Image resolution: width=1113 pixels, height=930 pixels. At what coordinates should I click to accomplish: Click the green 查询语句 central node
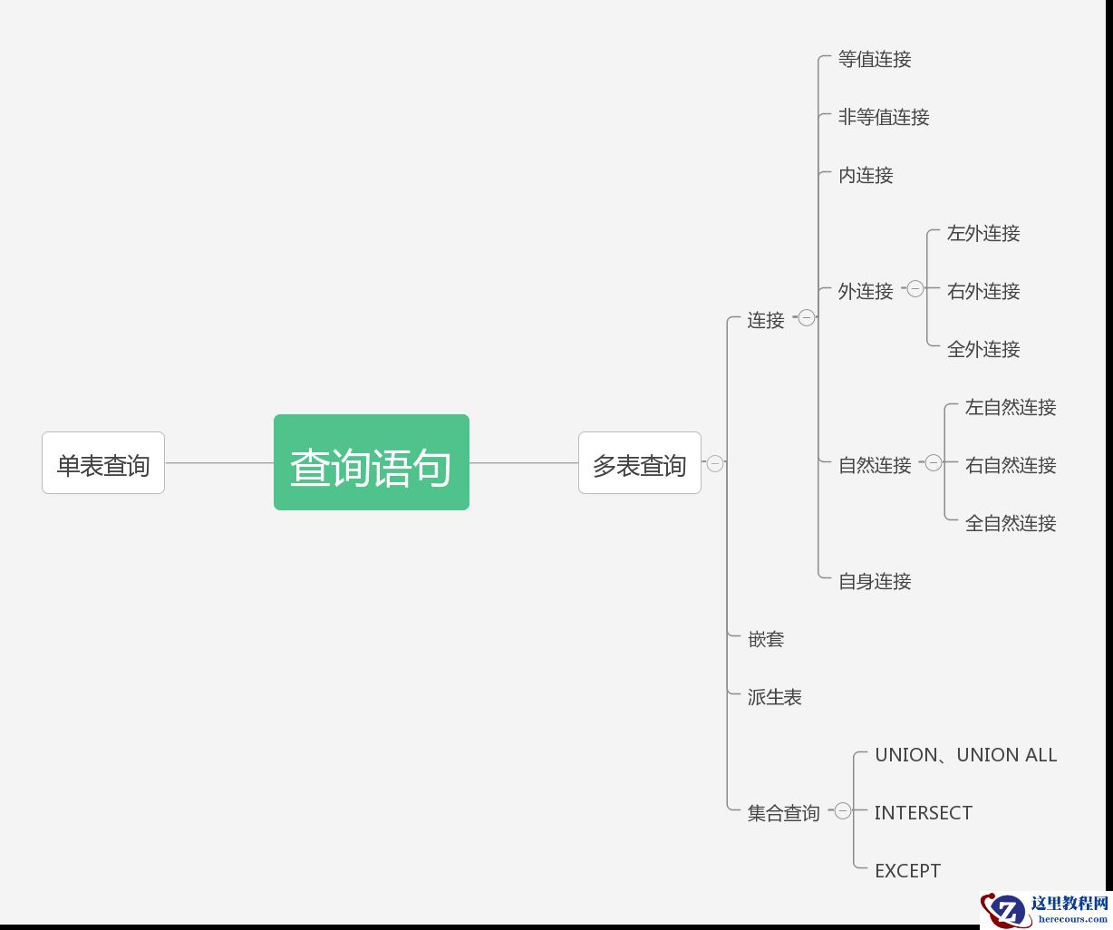pos(372,462)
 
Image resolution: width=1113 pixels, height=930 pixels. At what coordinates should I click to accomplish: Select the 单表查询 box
pos(103,463)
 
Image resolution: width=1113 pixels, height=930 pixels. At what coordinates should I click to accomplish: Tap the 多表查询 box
pos(640,463)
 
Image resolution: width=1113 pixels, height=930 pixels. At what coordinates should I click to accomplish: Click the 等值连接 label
pos(875,60)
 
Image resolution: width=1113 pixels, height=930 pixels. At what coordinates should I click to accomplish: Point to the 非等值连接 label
pos(884,118)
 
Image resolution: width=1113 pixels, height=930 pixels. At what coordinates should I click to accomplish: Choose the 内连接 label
pos(866,176)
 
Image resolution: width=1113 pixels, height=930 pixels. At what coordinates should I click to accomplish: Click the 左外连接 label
pos(983,234)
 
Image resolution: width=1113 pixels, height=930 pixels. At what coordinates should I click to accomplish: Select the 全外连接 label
pos(983,350)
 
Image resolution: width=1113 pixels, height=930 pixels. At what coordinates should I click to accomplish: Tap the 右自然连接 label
pos(1011,466)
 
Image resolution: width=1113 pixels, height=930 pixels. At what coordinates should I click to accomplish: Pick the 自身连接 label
pos(875,582)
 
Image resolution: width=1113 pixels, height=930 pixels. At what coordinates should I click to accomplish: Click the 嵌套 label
pos(766,640)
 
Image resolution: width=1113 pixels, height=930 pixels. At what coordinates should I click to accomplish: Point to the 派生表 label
pos(775,698)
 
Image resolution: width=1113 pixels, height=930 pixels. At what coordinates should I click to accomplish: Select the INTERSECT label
pos(923,813)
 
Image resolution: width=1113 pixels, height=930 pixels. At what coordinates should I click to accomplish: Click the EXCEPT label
pos(907,871)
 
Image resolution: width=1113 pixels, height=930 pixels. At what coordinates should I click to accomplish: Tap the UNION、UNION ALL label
pos(965,755)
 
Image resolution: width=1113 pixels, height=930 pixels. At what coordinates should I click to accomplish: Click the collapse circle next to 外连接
pos(915,289)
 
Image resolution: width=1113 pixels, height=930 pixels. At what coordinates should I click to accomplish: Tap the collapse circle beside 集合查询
pos(843,811)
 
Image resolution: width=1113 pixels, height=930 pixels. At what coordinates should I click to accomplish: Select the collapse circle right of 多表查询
pos(715,463)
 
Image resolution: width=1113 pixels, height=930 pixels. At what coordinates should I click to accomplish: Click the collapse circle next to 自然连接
pos(934,463)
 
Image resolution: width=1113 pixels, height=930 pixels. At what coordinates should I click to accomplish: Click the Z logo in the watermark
pos(1005,909)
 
